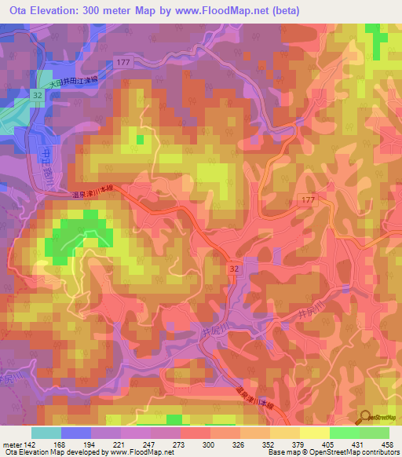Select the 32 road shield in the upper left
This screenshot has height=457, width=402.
(37, 93)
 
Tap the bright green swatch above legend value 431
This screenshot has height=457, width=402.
(342, 432)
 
